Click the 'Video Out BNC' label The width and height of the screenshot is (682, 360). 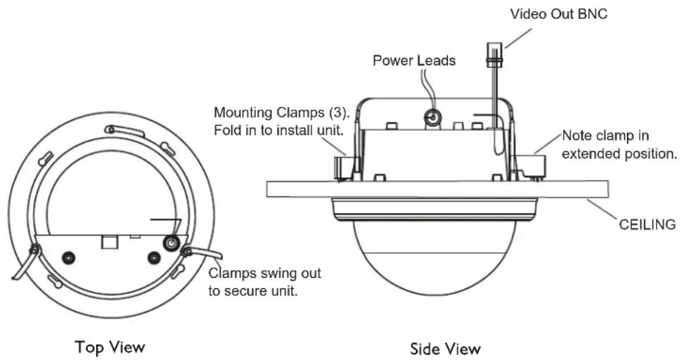coord(558,14)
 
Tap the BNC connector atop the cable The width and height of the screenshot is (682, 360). coord(494,54)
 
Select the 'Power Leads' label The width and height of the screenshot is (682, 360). coord(414,60)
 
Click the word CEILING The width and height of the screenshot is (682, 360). coord(648,224)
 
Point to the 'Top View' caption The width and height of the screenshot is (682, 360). coord(110,347)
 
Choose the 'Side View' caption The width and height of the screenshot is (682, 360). coord(445,349)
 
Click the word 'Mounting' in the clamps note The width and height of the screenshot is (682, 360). coord(243,113)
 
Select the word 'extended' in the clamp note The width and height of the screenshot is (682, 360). coord(593,153)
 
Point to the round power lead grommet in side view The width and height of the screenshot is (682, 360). coord(432,117)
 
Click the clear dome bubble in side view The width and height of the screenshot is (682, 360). coord(435,257)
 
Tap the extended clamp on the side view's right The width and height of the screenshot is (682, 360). coord(529,165)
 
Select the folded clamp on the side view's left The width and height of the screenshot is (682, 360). coord(345,167)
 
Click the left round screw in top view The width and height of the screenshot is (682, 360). coord(67,258)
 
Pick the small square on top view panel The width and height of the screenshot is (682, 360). coord(108,242)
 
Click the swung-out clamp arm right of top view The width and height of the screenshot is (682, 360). coord(202,252)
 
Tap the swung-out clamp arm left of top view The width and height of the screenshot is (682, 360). coord(25,262)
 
